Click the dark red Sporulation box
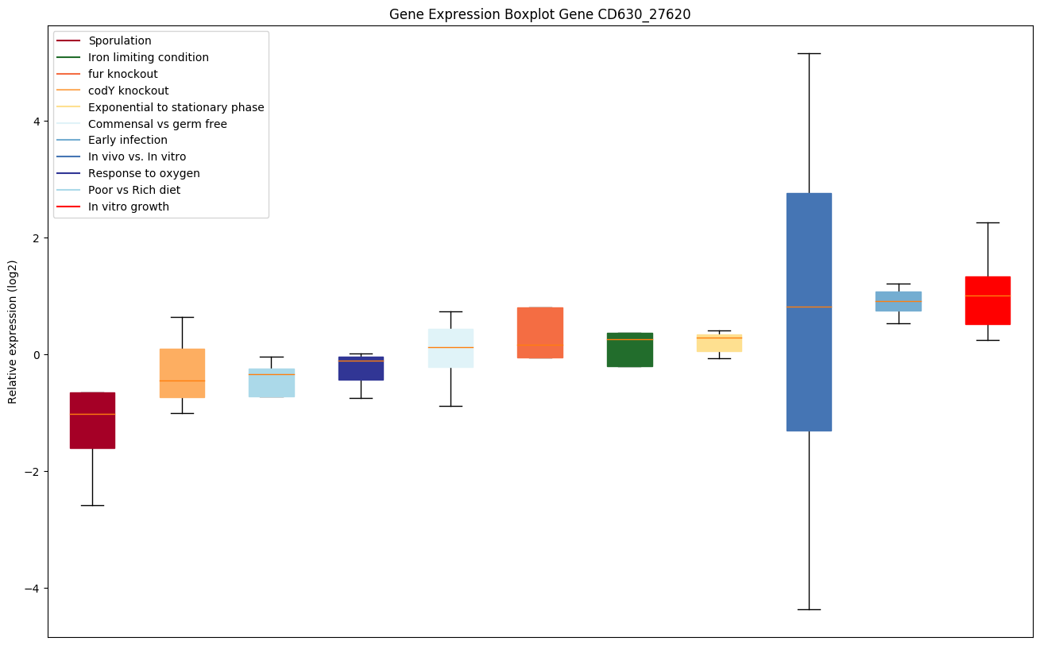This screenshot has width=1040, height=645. tap(92, 420)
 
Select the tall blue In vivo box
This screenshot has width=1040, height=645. tap(809, 311)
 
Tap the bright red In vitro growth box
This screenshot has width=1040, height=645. tap(988, 300)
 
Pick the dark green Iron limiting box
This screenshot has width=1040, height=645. tap(630, 350)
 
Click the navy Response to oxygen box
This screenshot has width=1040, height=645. tap(361, 369)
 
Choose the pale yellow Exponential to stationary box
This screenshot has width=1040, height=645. tap(719, 343)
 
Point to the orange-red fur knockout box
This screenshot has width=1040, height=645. tap(540, 332)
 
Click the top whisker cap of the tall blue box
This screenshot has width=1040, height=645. tap(809, 53)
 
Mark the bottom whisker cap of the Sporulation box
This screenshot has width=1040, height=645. tap(92, 505)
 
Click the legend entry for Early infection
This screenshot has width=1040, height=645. tap(128, 141)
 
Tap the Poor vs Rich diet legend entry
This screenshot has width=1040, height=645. tap(134, 191)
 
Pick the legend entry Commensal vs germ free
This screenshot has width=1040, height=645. tap(157, 124)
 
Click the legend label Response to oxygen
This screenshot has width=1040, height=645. tap(144, 174)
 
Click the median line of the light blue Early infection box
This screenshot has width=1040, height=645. tap(899, 301)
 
